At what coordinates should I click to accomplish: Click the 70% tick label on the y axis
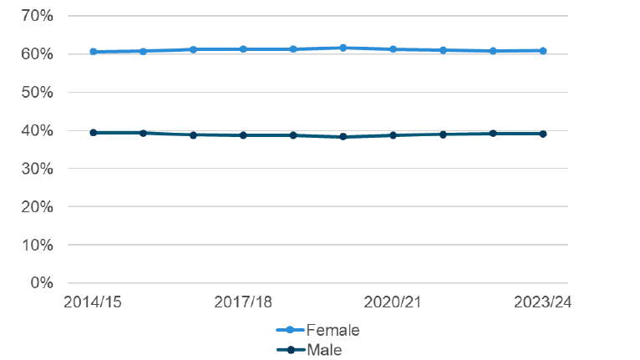click(35, 16)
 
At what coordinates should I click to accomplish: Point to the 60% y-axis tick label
click(35, 54)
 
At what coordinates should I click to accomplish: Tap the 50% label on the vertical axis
click(35, 93)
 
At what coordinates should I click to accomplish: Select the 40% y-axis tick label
click(35, 130)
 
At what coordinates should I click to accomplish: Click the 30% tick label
click(35, 169)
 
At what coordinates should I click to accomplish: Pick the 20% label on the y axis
click(35, 206)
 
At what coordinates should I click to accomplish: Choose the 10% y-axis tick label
click(35, 245)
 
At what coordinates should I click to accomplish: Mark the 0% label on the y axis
click(39, 283)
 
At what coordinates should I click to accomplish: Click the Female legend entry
click(333, 330)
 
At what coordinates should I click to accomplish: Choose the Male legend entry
click(324, 350)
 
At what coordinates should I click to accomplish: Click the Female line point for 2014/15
click(94, 52)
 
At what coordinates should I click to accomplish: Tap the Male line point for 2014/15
click(94, 132)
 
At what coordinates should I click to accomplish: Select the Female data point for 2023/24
click(543, 51)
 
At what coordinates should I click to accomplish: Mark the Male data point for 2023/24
click(543, 134)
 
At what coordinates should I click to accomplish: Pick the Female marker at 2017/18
click(243, 49)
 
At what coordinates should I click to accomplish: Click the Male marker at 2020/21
click(393, 134)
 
